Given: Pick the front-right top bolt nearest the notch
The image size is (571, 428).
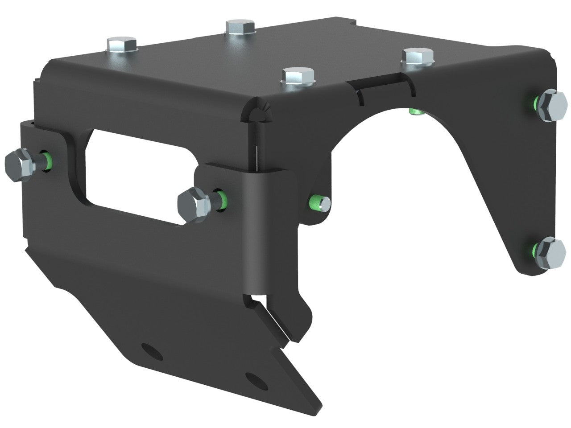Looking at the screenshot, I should tap(418, 57).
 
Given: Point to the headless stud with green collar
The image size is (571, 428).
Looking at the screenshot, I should tap(320, 203).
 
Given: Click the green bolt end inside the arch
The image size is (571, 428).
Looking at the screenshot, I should tap(414, 111).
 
